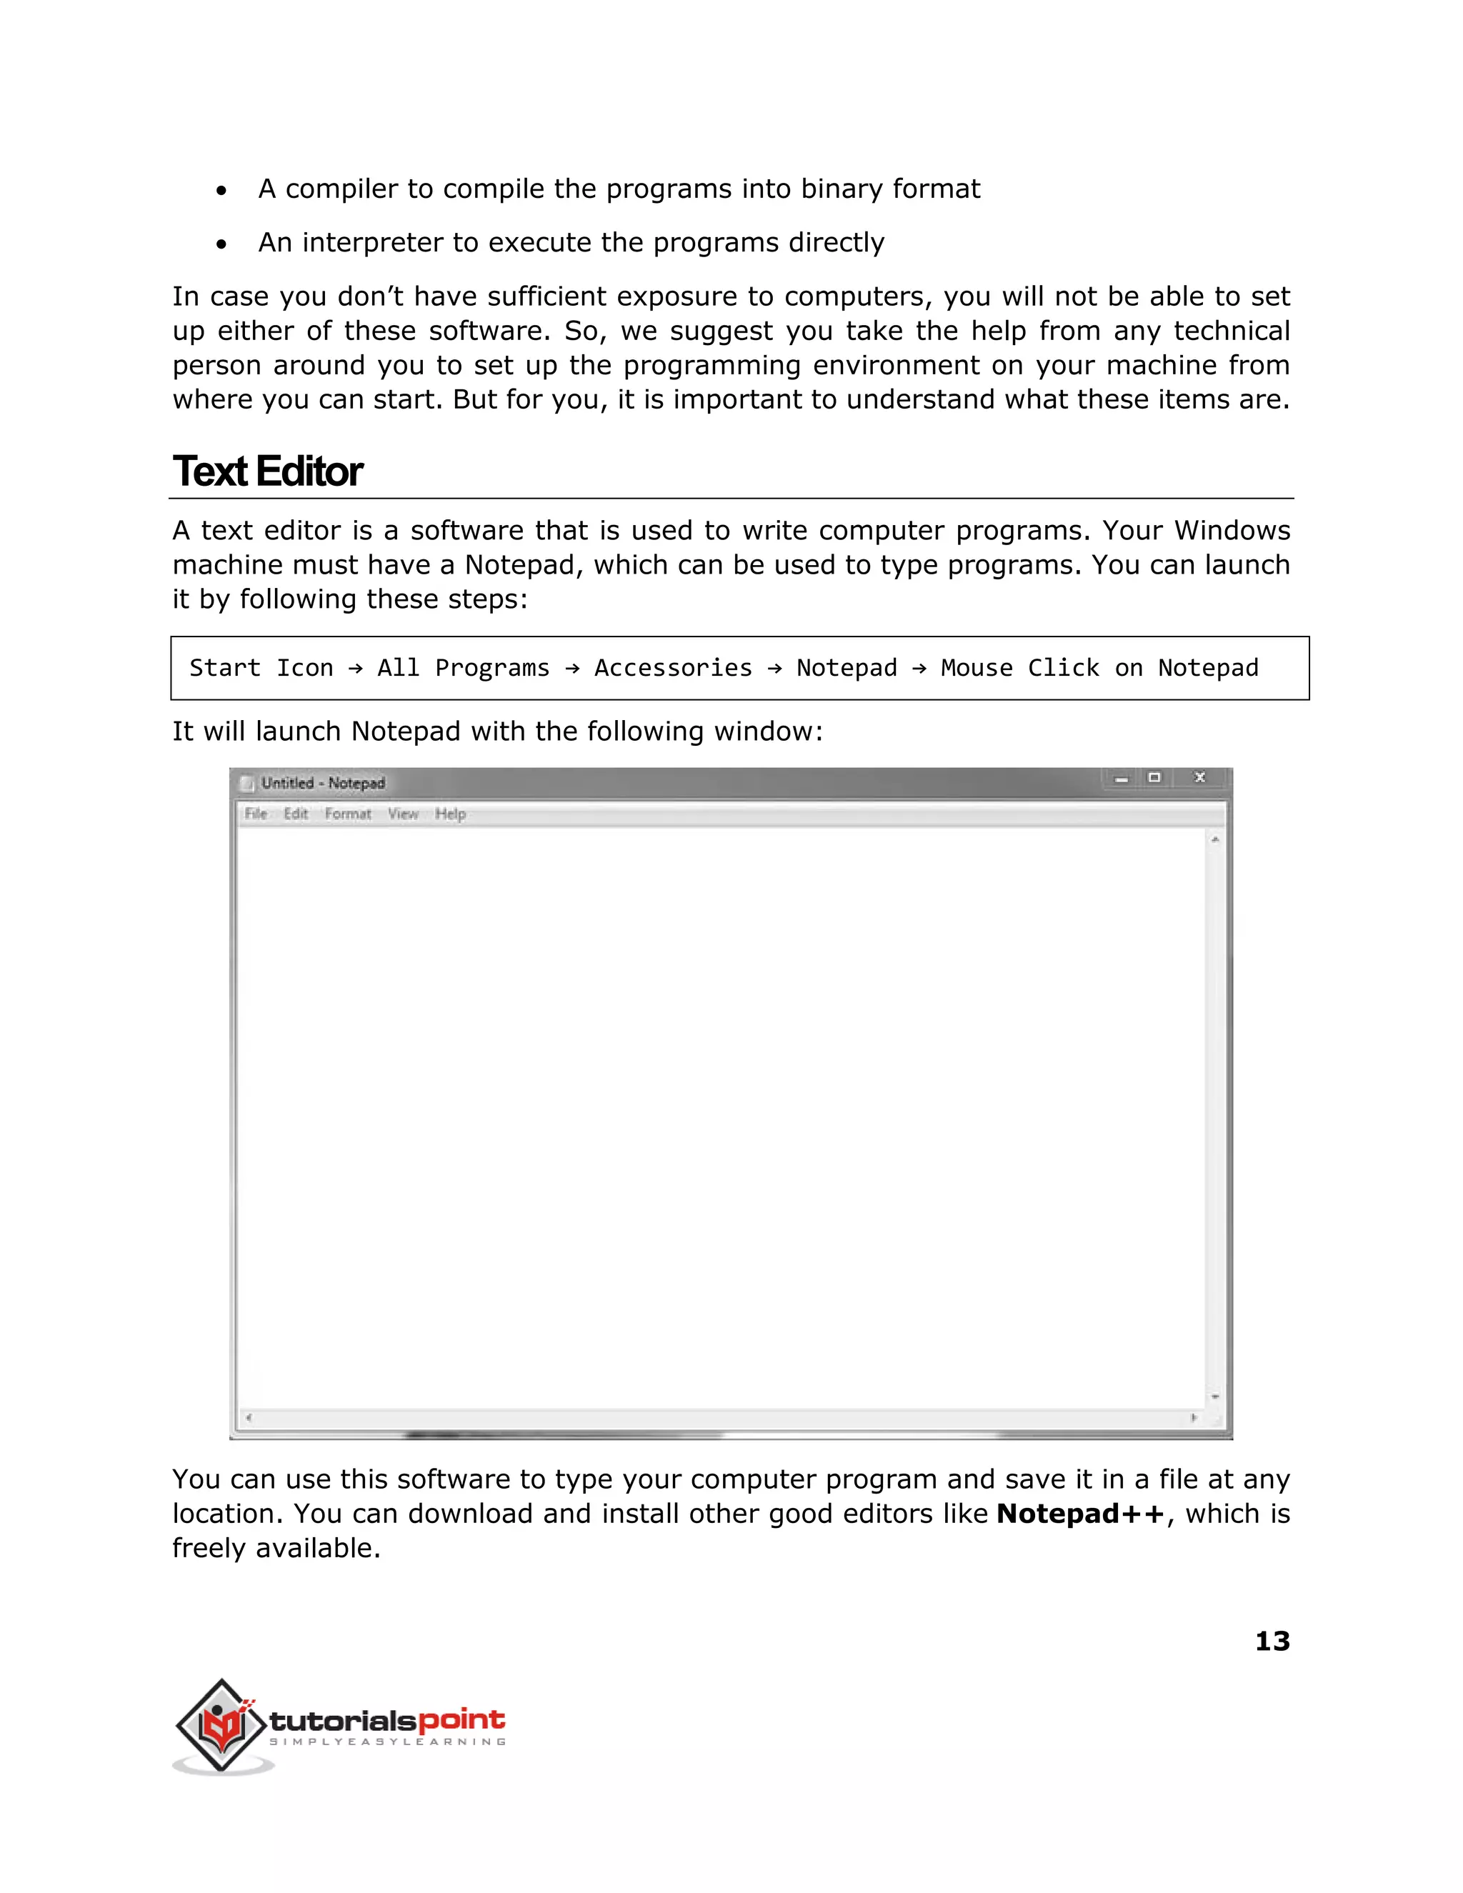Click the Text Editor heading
pos(267,471)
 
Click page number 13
pos(1272,1641)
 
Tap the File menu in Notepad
pos(256,813)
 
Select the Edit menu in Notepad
pos(296,813)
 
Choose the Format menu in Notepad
pos(348,813)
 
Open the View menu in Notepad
pos(403,813)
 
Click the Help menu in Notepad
pos(450,813)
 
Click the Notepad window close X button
pos(1199,777)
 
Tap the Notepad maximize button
pos(1154,777)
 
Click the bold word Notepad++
pos(1080,1514)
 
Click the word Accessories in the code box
pos(672,667)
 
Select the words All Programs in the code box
pos(463,667)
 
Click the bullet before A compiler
pos(222,191)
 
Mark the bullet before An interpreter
pos(222,244)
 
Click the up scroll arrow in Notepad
pos(1215,840)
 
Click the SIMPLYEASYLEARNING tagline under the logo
pos(387,1742)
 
